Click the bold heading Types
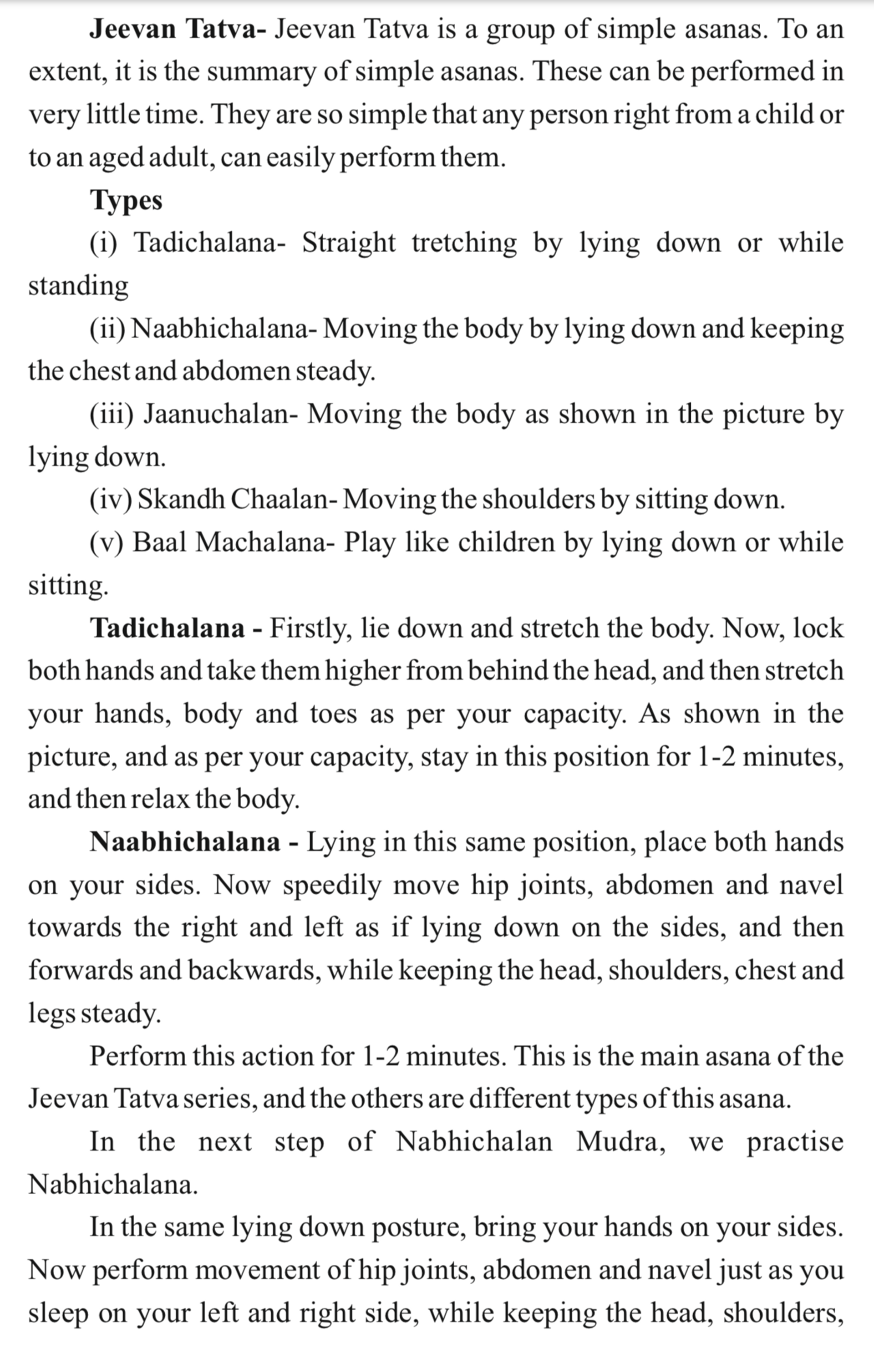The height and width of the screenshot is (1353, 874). pyautogui.click(x=126, y=200)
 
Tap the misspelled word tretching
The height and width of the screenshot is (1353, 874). pyautogui.click(x=464, y=243)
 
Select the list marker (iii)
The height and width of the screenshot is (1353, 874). pyautogui.click(x=111, y=414)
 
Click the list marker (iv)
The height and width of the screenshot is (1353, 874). pyautogui.click(x=111, y=500)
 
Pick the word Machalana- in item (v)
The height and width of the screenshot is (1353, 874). pyautogui.click(x=262, y=542)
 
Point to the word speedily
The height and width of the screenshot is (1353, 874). pyautogui.click(x=332, y=885)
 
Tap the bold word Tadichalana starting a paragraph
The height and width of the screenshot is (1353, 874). pyautogui.click(x=168, y=628)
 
